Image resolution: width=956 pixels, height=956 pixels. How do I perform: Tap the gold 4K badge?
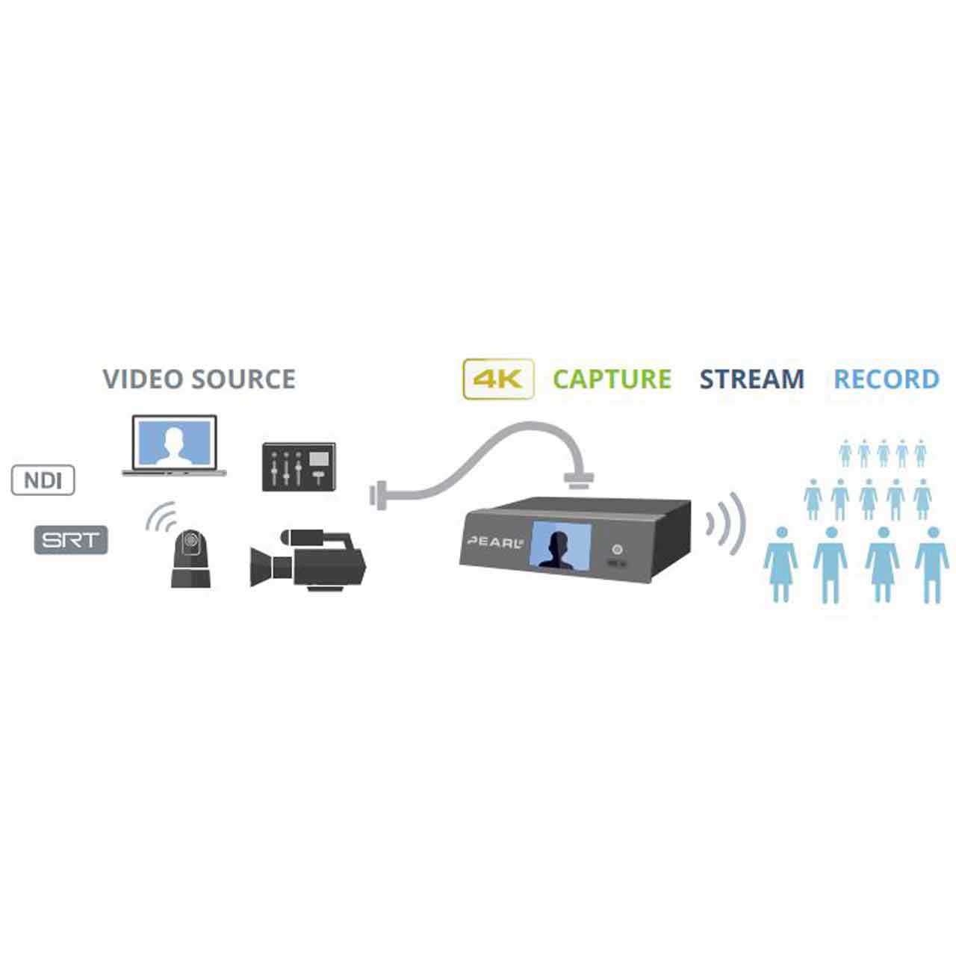tap(498, 379)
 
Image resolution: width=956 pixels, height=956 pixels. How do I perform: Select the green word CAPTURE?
tap(612, 379)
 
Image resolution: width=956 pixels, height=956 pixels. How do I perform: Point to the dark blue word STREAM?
tap(751, 379)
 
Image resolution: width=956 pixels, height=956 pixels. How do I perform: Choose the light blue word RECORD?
tap(886, 379)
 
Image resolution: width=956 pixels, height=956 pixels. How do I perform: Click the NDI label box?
tap(43, 480)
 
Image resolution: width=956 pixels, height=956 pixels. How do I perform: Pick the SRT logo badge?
tap(71, 540)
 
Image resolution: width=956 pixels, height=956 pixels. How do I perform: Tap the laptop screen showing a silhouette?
tap(174, 442)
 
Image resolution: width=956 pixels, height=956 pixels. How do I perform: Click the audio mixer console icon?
tap(299, 467)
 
